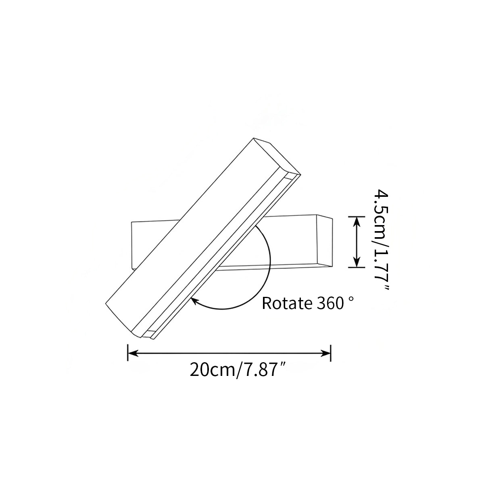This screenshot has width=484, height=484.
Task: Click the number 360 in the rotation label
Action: (328, 303)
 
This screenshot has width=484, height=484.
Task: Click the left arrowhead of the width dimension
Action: (133, 353)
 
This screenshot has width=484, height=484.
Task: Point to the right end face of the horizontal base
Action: (325, 240)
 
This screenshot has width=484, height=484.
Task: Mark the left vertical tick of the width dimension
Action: (128, 353)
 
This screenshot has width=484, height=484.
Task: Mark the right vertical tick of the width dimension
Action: (331, 353)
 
